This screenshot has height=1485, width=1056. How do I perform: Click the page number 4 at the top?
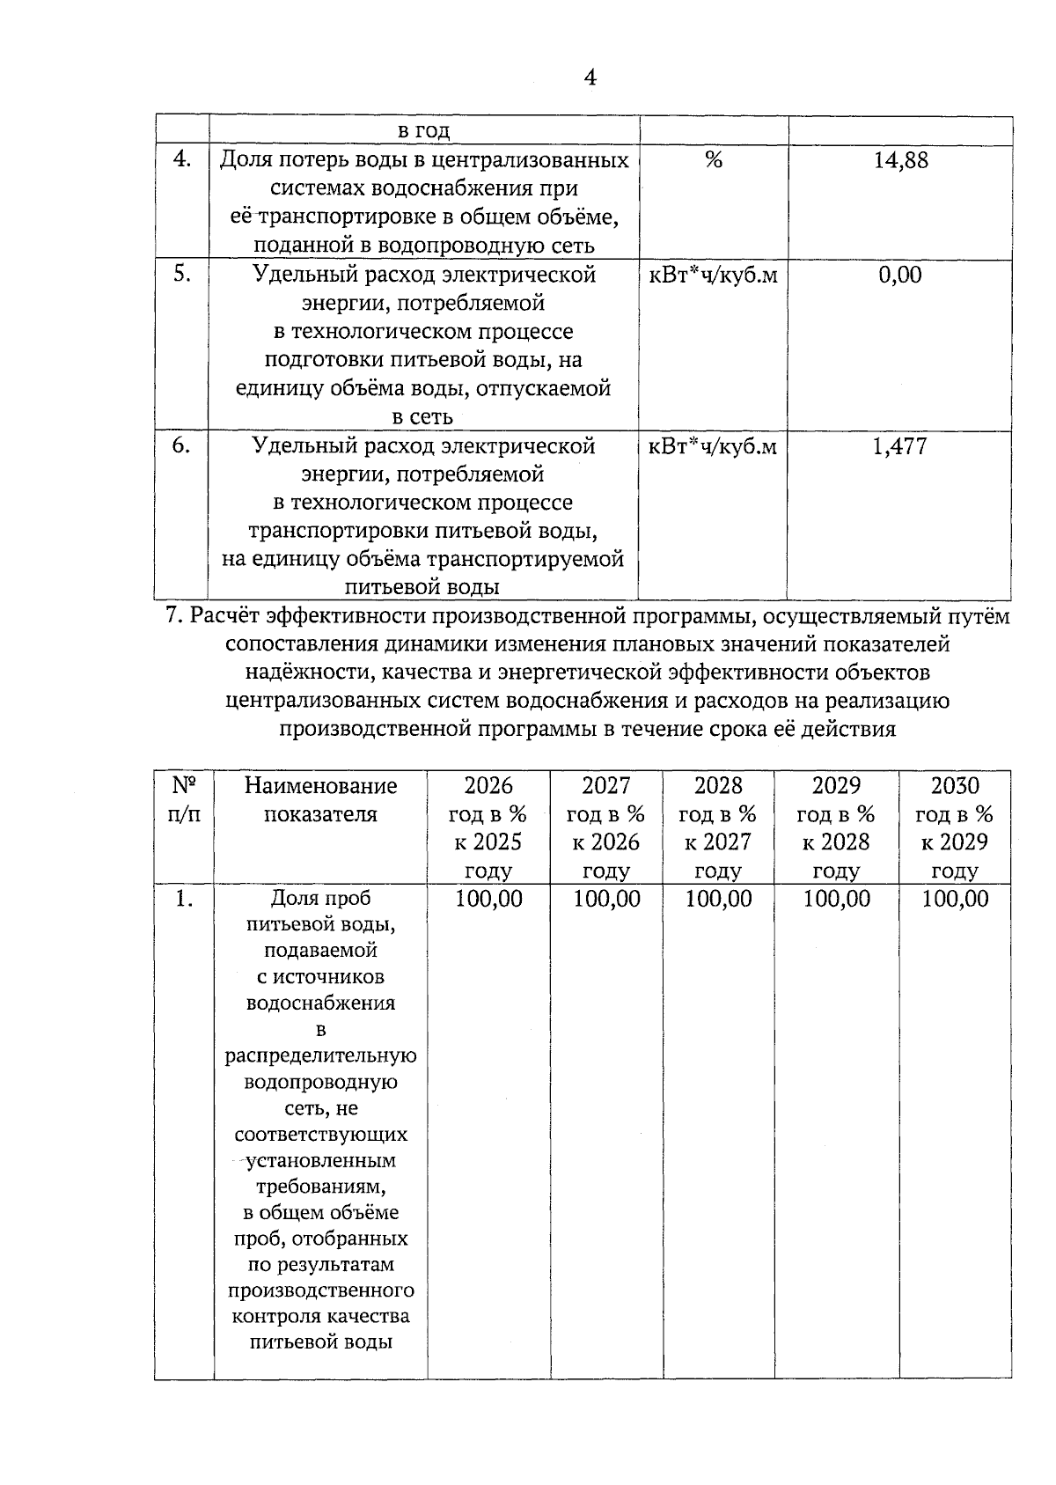click(x=590, y=77)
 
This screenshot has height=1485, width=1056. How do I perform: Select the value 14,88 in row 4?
click(x=900, y=161)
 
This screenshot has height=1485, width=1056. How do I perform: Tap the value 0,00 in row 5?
click(x=900, y=276)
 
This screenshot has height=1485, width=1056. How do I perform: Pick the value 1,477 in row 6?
click(x=899, y=446)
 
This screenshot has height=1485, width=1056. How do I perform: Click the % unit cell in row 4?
click(x=714, y=161)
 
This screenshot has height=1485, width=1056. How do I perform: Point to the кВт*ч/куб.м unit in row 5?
click(x=713, y=276)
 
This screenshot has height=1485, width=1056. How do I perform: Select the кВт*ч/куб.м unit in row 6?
click(x=713, y=446)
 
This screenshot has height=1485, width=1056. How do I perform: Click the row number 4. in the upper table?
click(x=182, y=160)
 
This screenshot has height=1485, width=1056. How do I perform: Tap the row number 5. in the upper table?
click(x=182, y=275)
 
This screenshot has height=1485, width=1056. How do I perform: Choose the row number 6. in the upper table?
click(x=182, y=445)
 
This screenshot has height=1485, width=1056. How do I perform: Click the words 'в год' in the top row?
click(x=423, y=132)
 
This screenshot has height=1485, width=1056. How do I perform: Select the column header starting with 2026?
click(x=488, y=827)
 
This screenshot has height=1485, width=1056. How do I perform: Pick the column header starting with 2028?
click(x=718, y=827)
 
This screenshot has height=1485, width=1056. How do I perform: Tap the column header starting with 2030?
click(x=955, y=827)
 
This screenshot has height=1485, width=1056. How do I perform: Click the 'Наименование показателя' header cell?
click(x=320, y=799)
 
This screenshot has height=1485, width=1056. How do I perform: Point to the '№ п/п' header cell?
click(x=184, y=799)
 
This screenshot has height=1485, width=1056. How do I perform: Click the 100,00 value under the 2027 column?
click(x=606, y=899)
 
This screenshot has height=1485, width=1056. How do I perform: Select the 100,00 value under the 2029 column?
click(x=836, y=899)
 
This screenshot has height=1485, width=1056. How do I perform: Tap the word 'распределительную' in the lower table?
click(x=320, y=1055)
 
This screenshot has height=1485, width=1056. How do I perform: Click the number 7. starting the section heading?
click(x=174, y=617)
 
